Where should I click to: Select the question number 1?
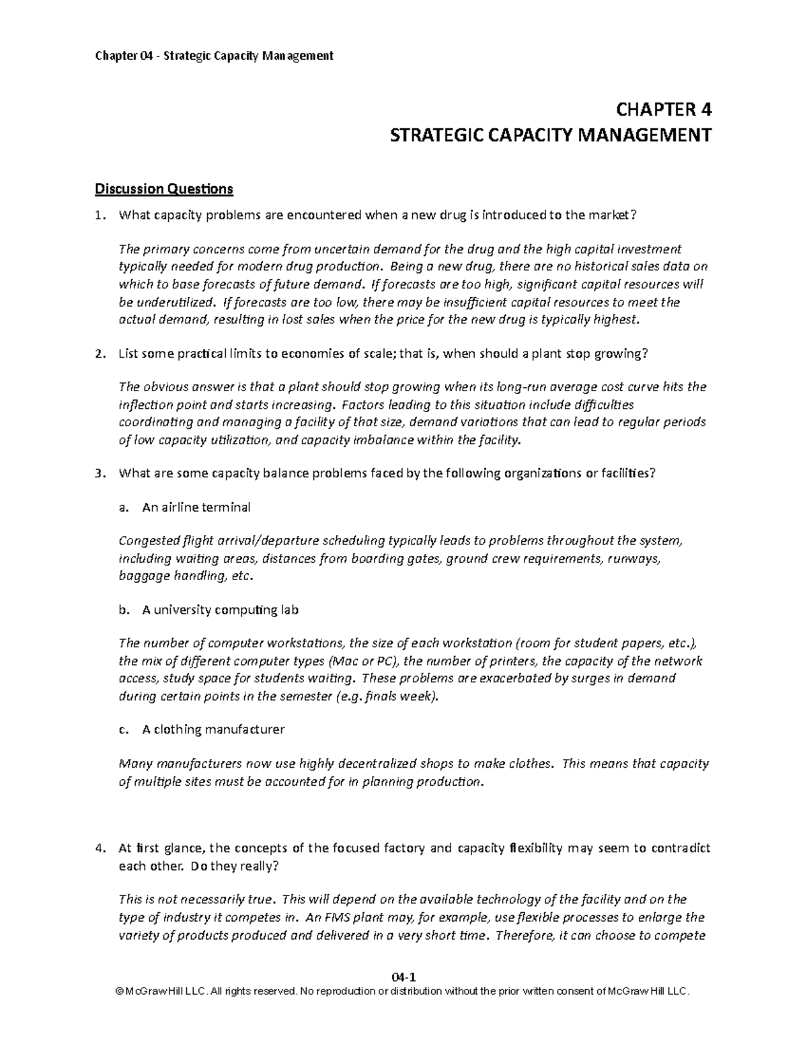(x=100, y=216)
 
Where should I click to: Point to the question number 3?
(x=100, y=473)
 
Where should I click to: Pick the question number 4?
(x=100, y=848)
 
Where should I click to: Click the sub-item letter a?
(x=122, y=508)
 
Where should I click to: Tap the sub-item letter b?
(x=122, y=610)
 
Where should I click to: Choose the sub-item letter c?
(x=122, y=729)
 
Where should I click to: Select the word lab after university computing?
(x=289, y=610)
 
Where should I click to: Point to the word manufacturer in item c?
(x=245, y=729)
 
